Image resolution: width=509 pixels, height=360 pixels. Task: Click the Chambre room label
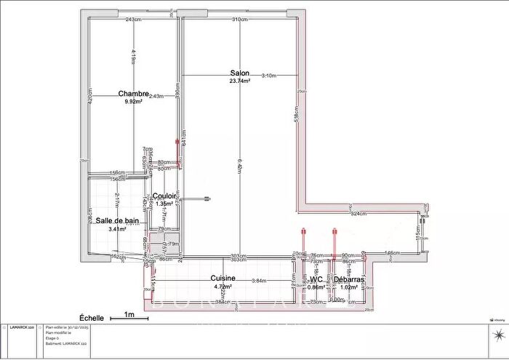click(x=133, y=94)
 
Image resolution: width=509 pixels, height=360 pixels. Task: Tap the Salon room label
click(x=240, y=73)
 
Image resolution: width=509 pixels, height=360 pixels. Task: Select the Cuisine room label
click(x=222, y=279)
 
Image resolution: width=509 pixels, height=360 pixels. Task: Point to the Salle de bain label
click(x=117, y=220)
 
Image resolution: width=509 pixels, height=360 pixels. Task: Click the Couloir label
click(x=164, y=196)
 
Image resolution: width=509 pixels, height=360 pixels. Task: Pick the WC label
click(x=316, y=279)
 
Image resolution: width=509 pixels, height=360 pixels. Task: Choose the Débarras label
click(x=349, y=279)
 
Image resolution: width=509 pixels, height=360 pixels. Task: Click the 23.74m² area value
click(x=240, y=81)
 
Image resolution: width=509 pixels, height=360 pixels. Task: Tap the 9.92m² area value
click(x=134, y=102)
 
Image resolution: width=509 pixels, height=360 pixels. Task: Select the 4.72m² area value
click(x=223, y=287)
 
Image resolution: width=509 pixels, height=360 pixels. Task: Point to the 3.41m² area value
click(x=117, y=229)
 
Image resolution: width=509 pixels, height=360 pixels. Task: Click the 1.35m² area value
click(x=164, y=204)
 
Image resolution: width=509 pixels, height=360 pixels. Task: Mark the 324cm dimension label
click(x=358, y=214)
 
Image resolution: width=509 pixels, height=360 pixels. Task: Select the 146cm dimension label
click(x=392, y=253)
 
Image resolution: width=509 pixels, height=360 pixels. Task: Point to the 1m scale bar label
click(x=130, y=315)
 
